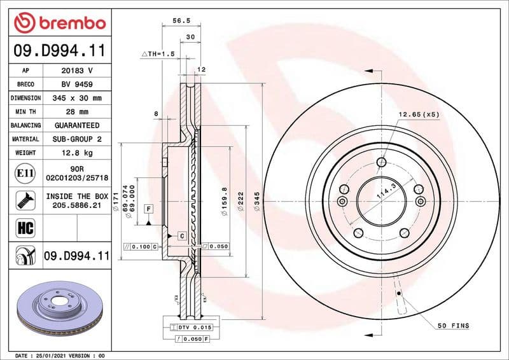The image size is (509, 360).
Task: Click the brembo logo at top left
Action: coord(59,23)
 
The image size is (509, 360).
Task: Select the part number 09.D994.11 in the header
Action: coord(59,50)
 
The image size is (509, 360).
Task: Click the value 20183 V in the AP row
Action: coord(76,71)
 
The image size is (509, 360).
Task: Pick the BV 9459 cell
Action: coord(76,85)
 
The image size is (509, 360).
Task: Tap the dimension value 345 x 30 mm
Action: coord(76,99)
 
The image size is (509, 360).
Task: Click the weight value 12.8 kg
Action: coord(76,153)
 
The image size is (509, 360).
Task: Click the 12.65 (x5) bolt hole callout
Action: coord(419,114)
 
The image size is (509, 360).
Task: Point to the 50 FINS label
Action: coord(452,326)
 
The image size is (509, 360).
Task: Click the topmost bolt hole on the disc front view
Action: coord(380,162)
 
